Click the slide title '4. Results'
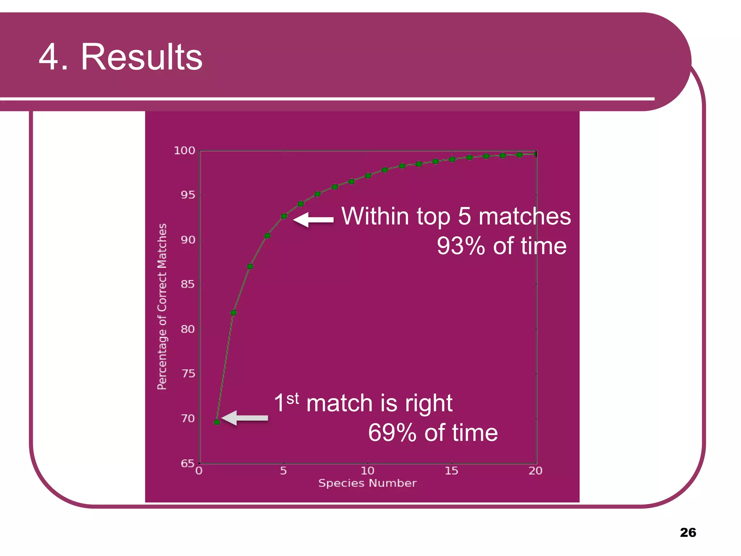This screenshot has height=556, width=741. (120, 57)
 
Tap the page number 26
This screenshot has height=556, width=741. (688, 532)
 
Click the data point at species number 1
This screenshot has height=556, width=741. (217, 422)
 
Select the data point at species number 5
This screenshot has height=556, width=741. (284, 216)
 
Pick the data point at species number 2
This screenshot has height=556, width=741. (233, 313)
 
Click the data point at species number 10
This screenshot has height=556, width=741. (368, 176)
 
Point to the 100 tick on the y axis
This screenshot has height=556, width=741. (185, 151)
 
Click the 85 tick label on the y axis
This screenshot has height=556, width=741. (188, 285)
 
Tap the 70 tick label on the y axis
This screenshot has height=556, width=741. (188, 419)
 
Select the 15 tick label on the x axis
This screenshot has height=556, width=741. (451, 471)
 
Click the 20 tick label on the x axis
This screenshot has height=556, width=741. (535, 471)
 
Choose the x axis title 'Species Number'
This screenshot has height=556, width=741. (367, 483)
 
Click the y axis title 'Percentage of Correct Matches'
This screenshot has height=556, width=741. (162, 307)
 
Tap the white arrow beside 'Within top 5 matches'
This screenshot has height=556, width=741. (313, 220)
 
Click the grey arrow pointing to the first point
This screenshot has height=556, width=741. (245, 418)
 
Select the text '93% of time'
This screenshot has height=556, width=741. (501, 246)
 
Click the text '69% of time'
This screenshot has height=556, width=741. (433, 433)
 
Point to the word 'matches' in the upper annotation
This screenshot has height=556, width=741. (525, 216)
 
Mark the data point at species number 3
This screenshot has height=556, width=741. (250, 266)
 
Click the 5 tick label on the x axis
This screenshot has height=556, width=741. (283, 471)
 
